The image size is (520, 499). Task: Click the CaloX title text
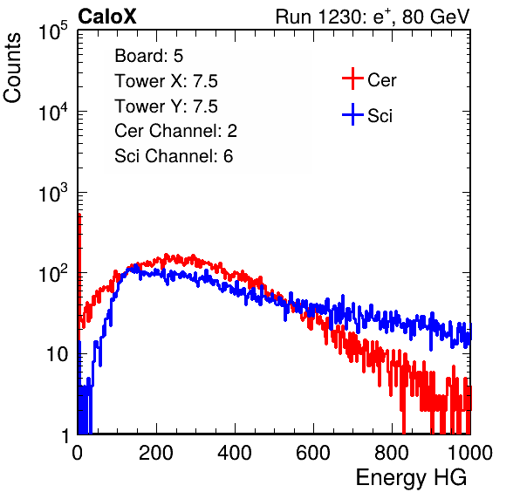pyautogui.click(x=106, y=17)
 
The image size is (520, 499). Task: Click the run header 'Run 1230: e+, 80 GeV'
pyautogui.click(x=373, y=17)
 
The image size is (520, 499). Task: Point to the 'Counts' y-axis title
pyautogui.click(x=12, y=68)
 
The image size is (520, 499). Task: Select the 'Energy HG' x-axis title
pyautogui.click(x=411, y=478)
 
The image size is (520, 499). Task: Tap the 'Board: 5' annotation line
pyautogui.click(x=148, y=56)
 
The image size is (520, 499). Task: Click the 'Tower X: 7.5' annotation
pyautogui.click(x=166, y=81)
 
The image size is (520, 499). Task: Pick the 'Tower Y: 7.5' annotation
pyautogui.click(x=166, y=106)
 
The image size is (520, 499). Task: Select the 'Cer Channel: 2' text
pyautogui.click(x=175, y=131)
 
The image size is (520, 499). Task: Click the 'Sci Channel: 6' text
pyautogui.click(x=174, y=156)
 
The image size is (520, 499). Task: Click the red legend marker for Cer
pyautogui.click(x=352, y=79)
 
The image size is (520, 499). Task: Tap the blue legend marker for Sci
pyautogui.click(x=352, y=114)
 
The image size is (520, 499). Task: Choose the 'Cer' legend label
pyautogui.click(x=381, y=80)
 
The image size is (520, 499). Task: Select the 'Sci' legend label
pyautogui.click(x=380, y=116)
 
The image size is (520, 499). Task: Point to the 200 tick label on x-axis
pyautogui.click(x=156, y=453)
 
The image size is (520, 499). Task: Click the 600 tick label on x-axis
pyautogui.click(x=313, y=453)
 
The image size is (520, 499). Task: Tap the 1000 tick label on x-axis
pyautogui.click(x=470, y=453)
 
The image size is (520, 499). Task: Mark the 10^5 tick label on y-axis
pyautogui.click(x=53, y=31)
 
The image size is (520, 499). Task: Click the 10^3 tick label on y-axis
pyautogui.click(x=53, y=193)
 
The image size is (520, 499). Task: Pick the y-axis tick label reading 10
pyautogui.click(x=58, y=354)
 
